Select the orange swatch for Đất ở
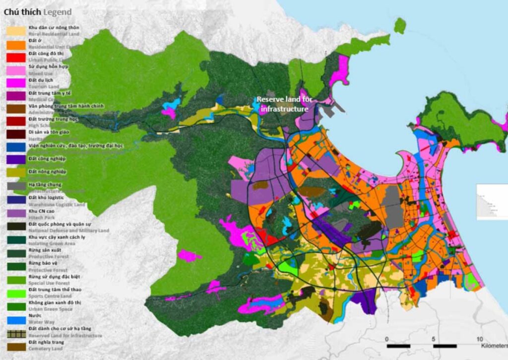15,44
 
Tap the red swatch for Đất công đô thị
15,57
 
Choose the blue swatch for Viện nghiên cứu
15,147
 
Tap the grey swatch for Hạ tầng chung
15,186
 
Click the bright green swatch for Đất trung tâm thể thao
15,291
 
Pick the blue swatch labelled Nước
15,318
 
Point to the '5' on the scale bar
434,339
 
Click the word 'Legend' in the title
57,12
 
